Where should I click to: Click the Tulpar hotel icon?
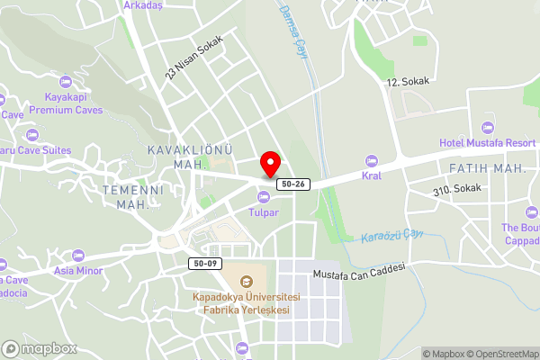[x=264, y=197]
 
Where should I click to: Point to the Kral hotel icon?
[x=372, y=161]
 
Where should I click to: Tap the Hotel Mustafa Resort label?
[x=487, y=143]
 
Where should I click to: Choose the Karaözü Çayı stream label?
[x=391, y=236]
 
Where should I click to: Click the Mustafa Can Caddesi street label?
[x=360, y=269]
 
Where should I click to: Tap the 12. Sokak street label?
[x=409, y=81]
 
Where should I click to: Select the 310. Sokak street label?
[x=457, y=190]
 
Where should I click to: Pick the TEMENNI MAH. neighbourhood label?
[x=131, y=198]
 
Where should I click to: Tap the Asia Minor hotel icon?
[x=77, y=255]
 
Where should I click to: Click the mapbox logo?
[x=39, y=348]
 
